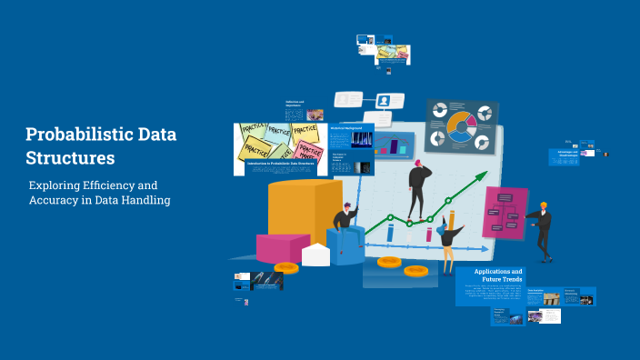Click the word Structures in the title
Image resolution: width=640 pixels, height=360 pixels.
point(70,157)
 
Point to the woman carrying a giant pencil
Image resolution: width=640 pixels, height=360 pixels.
point(447,238)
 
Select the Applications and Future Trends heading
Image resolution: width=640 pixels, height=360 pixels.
point(498,275)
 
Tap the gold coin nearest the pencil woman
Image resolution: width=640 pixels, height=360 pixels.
point(416,270)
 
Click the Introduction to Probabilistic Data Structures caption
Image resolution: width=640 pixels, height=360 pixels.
point(278,164)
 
